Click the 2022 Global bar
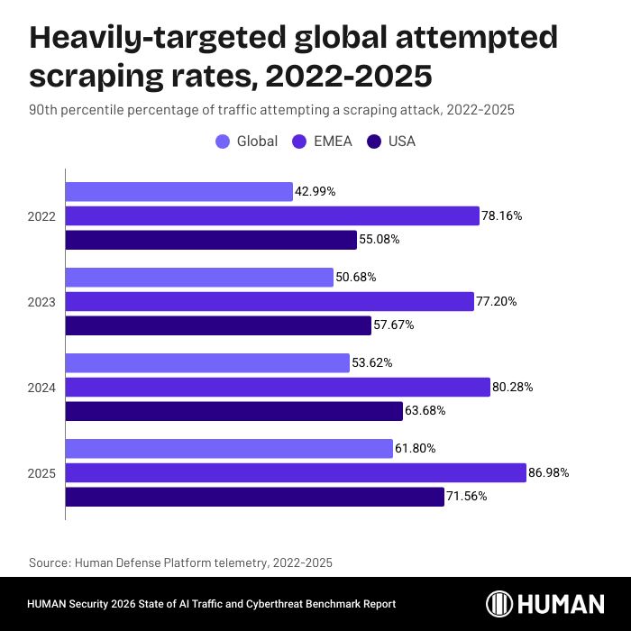click(x=178, y=191)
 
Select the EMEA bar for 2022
click(x=272, y=215)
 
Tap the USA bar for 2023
click(x=218, y=325)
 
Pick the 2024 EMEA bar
click(x=278, y=387)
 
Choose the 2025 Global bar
click(x=229, y=448)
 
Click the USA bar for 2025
click(x=255, y=497)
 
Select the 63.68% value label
click(x=426, y=411)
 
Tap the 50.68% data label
click(x=359, y=277)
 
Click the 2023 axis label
click(x=42, y=302)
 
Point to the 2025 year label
click(x=42, y=473)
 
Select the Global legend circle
click(x=223, y=141)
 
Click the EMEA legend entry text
click(x=332, y=141)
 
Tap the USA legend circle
click(x=373, y=141)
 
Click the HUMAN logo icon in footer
click(x=501, y=603)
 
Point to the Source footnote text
click(x=180, y=562)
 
